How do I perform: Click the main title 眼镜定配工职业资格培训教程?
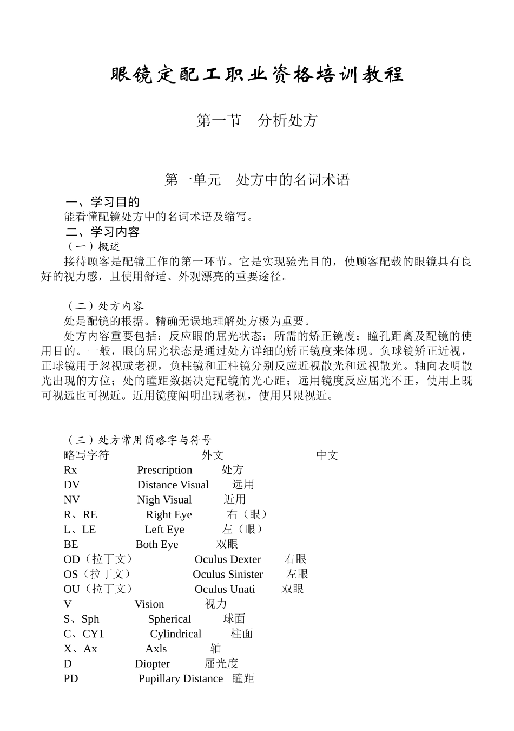[257, 74]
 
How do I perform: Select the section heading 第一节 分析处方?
[257, 120]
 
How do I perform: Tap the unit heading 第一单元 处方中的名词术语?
[257, 180]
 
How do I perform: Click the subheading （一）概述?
[93, 246]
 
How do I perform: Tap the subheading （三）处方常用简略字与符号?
[139, 440]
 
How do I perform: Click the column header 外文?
[212, 455]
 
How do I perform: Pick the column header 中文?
[327, 455]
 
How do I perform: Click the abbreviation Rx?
[70, 470]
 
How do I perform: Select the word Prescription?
[164, 470]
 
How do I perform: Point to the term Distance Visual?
[173, 485]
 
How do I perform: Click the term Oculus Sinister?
[228, 574]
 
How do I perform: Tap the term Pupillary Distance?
[181, 678]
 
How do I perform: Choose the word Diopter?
[152, 663]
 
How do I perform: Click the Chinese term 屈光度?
[221, 663]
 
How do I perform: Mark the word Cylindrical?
[175, 634]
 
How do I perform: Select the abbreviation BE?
[71, 544]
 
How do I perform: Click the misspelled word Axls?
[156, 649]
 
